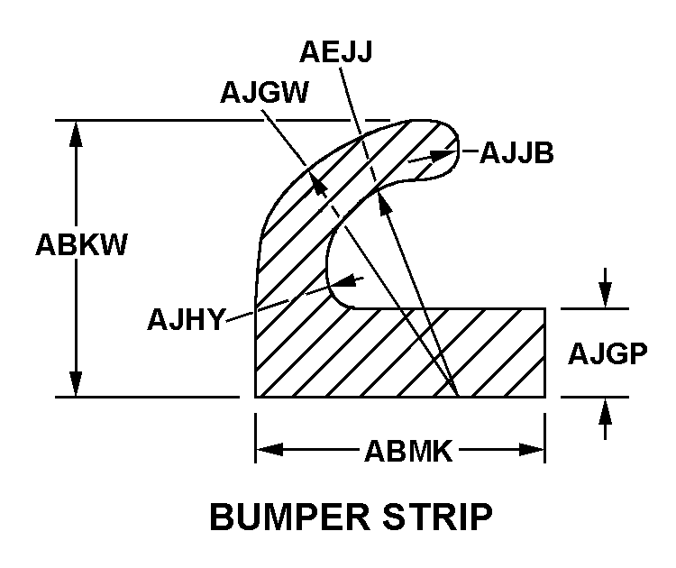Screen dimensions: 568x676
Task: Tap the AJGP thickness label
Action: (x=608, y=353)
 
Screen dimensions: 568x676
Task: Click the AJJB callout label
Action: (x=516, y=153)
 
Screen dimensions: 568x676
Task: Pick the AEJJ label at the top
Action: (x=332, y=51)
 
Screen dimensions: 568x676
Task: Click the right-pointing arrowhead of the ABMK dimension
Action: (x=533, y=449)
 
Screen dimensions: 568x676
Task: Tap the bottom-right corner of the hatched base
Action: (x=545, y=397)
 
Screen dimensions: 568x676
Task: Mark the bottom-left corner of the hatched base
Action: (x=257, y=397)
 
